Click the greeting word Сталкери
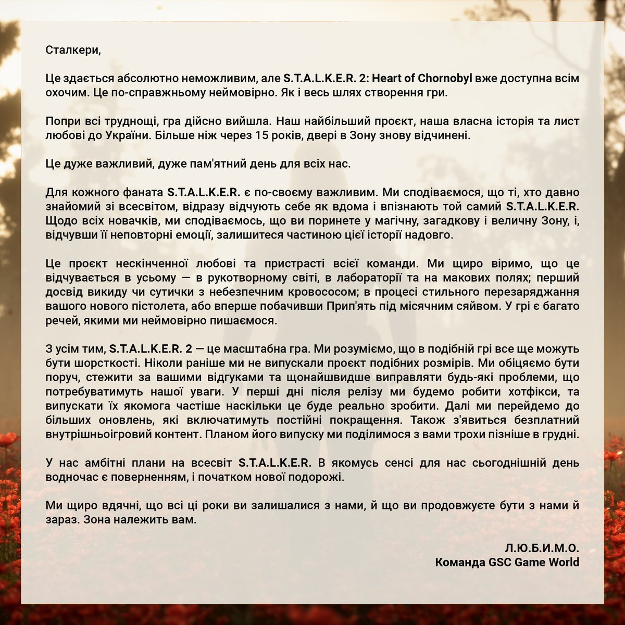(72, 51)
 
